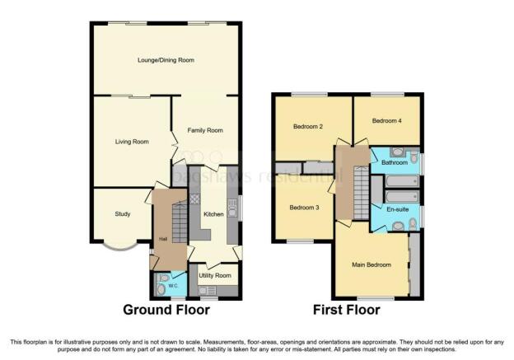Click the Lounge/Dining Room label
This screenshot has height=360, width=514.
tap(166, 60)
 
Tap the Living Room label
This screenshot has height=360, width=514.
tap(132, 142)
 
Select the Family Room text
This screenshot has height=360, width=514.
tap(205, 130)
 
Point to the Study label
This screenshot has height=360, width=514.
tap(123, 214)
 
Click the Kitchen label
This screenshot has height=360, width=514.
tap(213, 214)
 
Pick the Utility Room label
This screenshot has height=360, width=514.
tap(215, 275)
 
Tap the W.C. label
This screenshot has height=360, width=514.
tap(173, 286)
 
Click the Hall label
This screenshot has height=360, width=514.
tap(163, 239)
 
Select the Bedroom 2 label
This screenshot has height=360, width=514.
tap(308, 127)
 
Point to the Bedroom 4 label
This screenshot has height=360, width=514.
tap(387, 121)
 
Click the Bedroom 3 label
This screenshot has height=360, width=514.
tap(304, 208)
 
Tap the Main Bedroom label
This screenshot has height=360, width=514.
tap(371, 264)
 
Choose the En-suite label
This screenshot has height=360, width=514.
tap(398, 209)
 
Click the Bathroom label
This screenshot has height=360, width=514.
tap(395, 162)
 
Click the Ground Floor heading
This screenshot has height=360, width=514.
tap(166, 310)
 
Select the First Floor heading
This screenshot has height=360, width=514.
tap(347, 310)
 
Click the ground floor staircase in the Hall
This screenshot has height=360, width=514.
tap(180, 222)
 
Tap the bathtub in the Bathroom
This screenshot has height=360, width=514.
tap(402, 181)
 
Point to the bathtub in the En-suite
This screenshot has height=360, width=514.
tap(402, 197)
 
